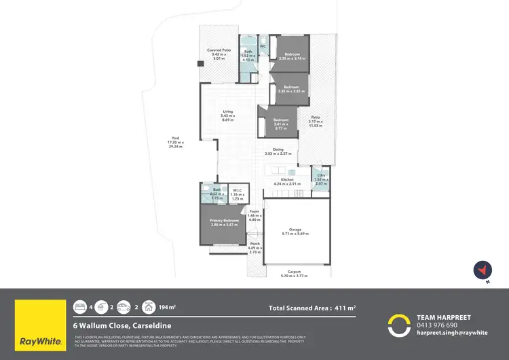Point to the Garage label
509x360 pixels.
coord(295,232)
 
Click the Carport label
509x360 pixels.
coord(294,274)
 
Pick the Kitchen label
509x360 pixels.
coord(287,181)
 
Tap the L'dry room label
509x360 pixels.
coord(321,177)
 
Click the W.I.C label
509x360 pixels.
coord(238,194)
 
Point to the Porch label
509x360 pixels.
coord(255,246)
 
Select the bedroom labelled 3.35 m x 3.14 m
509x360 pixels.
coord(292,56)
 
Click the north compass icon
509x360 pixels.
coord(482,270)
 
